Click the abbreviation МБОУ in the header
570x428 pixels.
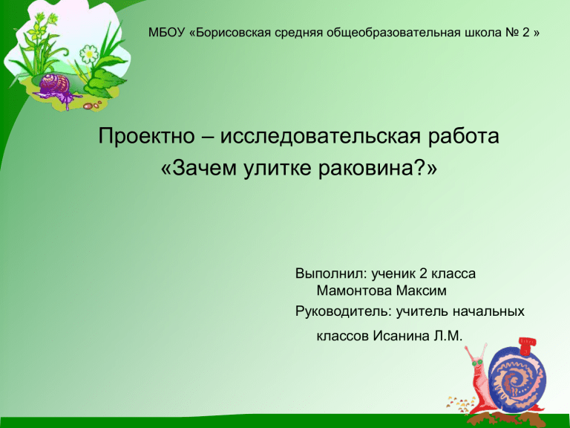tap(167, 33)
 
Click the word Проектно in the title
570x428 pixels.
tap(146, 136)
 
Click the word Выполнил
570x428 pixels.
tap(330, 273)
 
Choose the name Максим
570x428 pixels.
tap(421, 291)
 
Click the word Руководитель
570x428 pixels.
tap(344, 311)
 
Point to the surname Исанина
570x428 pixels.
tap(402, 336)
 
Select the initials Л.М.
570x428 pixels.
tap(448, 336)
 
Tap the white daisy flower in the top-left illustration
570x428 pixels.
tap(89, 54)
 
